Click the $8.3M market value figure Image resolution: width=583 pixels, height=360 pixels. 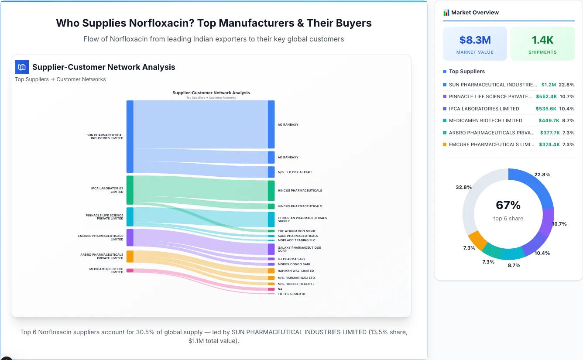point(475,40)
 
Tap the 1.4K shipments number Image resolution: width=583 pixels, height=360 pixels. point(542,40)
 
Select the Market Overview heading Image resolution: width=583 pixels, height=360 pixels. point(475,12)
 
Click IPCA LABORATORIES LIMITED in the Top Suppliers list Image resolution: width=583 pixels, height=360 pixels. point(484,109)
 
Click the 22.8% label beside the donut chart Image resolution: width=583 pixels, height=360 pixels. point(542,175)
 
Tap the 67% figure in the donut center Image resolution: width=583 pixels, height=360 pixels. point(508,205)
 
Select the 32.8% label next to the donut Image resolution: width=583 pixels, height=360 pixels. point(463,187)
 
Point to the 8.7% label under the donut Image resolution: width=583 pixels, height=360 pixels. point(514,265)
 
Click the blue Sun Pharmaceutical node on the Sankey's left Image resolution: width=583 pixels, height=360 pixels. point(130,137)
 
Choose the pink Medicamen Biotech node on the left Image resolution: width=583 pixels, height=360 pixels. point(130,271)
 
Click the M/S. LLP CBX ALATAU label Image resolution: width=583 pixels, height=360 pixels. point(295,172)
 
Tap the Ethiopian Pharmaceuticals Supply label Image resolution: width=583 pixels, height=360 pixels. point(302,219)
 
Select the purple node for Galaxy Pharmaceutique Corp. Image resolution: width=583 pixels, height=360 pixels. point(271,249)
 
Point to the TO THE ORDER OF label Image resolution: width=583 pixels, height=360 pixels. point(291,294)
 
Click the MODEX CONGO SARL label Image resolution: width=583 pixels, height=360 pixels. point(294,264)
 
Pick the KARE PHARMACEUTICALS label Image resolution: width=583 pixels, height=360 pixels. point(298,236)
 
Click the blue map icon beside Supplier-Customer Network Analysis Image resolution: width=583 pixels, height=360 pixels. point(22,67)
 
